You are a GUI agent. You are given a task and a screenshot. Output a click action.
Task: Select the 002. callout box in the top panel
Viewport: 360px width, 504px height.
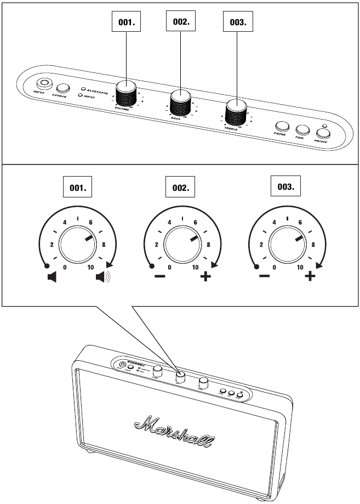pyautogui.click(x=181, y=22)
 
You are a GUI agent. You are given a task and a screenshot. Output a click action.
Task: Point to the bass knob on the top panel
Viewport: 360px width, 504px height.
pyautogui.click(x=181, y=103)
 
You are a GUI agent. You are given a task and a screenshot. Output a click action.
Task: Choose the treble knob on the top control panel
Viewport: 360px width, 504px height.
pyautogui.click(x=236, y=112)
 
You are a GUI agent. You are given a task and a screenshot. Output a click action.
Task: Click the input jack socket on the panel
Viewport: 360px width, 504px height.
pyautogui.click(x=43, y=84)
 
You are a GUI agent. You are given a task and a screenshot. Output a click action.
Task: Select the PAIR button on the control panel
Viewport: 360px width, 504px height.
pyautogui.click(x=302, y=130)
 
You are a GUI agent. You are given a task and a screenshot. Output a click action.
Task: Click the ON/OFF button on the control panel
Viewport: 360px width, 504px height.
pyautogui.click(x=323, y=133)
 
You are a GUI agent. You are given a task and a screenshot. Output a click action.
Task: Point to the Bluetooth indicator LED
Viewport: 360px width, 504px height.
pyautogui.click(x=83, y=88)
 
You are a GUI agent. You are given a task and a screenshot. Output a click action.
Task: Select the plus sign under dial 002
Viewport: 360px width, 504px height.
pyautogui.click(x=205, y=276)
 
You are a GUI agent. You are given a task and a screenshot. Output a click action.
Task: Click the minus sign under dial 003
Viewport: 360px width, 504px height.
pyautogui.click(x=264, y=276)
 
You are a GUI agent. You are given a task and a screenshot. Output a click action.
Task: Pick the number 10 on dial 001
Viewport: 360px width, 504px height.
pyautogui.click(x=91, y=267)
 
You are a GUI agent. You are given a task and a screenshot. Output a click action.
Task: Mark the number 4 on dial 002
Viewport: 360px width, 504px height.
pyautogui.click(x=169, y=223)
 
